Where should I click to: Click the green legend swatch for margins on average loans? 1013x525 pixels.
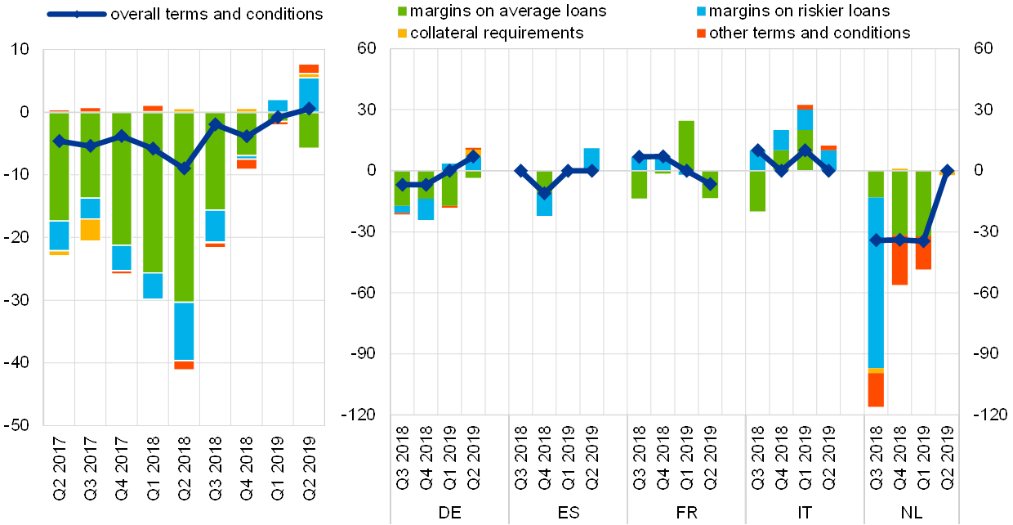[402, 11]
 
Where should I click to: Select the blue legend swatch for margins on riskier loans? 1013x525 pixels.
[701, 11]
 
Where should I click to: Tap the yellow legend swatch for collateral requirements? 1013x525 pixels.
[402, 33]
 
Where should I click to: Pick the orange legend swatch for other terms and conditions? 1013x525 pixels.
[701, 33]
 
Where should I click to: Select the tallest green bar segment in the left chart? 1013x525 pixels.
[184, 207]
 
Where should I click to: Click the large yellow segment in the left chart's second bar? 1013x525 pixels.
[90, 230]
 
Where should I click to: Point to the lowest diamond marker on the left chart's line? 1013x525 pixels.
[184, 168]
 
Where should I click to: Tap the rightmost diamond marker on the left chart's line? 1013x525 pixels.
[308, 108]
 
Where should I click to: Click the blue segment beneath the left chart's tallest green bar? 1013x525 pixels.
[184, 331]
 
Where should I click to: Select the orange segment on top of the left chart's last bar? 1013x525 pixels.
[308, 69]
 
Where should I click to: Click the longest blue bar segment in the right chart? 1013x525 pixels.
[876, 282]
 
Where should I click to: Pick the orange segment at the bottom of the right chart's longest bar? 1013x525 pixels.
[876, 389]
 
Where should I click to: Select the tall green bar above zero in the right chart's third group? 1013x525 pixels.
[686, 146]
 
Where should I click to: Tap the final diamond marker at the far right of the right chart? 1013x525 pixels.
[947, 171]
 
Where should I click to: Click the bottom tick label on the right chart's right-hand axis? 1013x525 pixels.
[986, 415]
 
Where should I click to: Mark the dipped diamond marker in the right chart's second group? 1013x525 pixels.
[544, 193]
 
